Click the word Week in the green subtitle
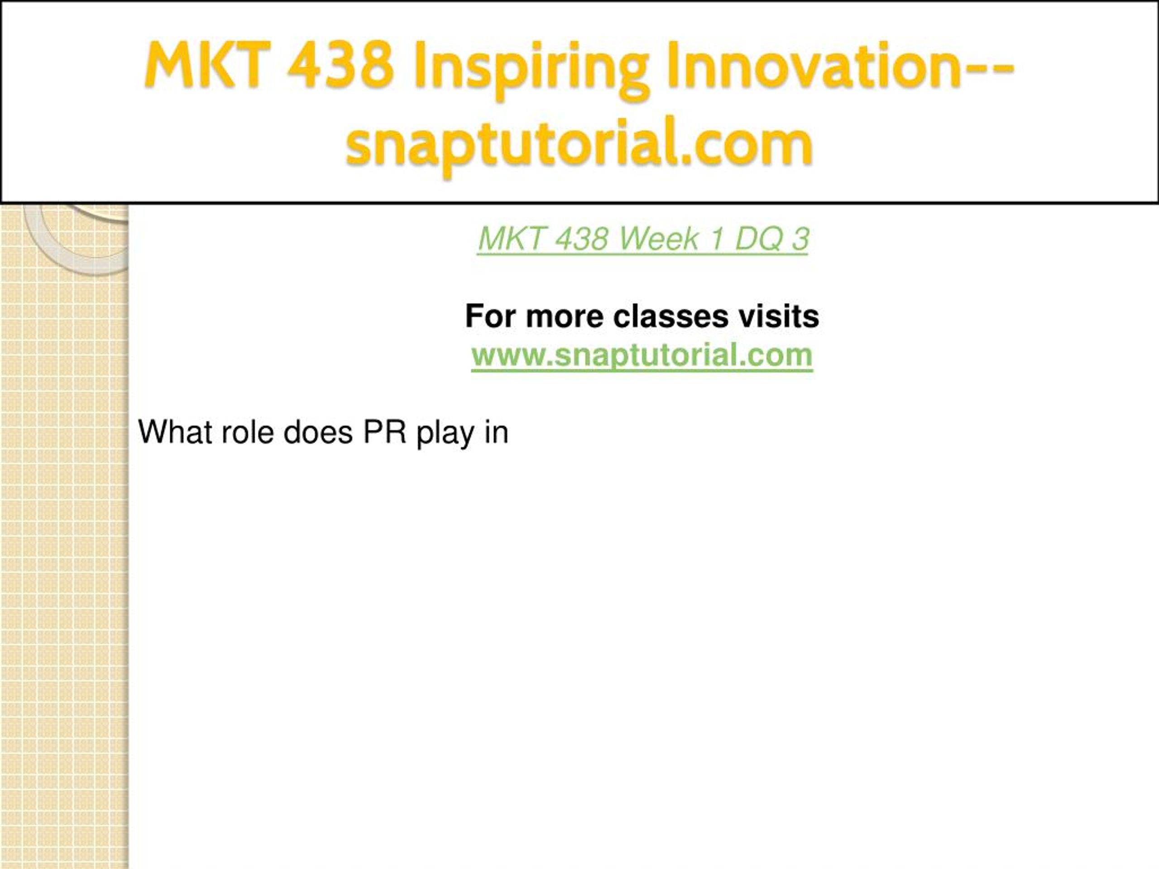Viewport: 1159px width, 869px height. point(659,239)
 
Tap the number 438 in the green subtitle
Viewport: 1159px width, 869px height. point(580,239)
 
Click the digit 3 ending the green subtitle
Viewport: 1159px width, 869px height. point(800,239)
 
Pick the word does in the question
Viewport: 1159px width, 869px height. point(318,433)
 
